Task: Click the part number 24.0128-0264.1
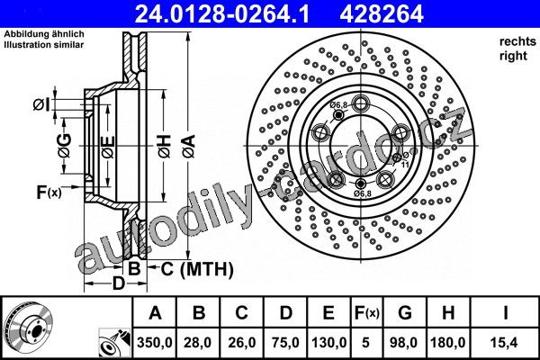pyautogui.click(x=222, y=14)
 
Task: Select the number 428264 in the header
pyautogui.click(x=382, y=14)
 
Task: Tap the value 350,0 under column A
pyautogui.click(x=154, y=342)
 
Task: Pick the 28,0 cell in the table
pyautogui.click(x=198, y=342)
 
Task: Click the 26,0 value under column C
pyautogui.click(x=242, y=342)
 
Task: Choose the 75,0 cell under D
pyautogui.click(x=285, y=342)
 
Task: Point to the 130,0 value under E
pyautogui.click(x=328, y=342)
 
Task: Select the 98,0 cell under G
pyautogui.click(x=403, y=342)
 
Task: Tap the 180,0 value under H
pyautogui.click(x=448, y=342)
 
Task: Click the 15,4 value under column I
pyautogui.click(x=505, y=342)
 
